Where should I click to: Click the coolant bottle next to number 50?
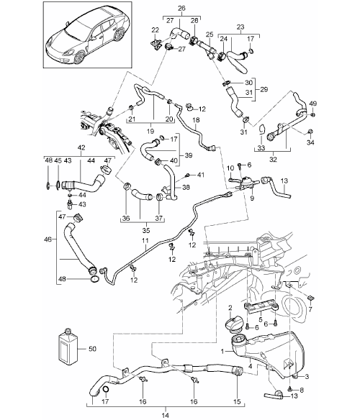[68, 347]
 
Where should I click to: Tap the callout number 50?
[92, 349]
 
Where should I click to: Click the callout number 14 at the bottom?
[166, 416]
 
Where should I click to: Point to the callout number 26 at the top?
[181, 8]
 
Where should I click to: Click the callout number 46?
[48, 239]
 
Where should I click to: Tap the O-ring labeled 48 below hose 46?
[94, 279]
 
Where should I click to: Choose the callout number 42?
[81, 147]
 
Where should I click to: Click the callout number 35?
[146, 230]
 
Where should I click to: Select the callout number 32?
[273, 160]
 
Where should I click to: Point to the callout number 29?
[264, 89]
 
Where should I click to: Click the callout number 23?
[240, 27]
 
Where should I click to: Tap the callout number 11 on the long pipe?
[145, 240]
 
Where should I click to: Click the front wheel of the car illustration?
[80, 57]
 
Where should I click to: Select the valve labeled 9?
[245, 182]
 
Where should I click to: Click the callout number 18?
[196, 119]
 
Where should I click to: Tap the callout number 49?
[312, 104]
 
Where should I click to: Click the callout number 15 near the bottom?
[237, 401]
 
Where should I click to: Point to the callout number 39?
[189, 155]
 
